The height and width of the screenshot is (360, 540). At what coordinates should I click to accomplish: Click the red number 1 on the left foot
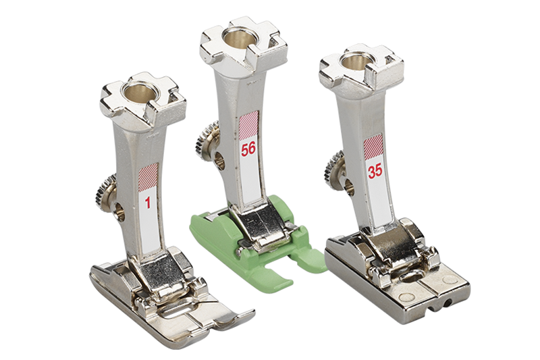click(148, 203)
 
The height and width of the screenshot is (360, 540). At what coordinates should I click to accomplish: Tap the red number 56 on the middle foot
click(248, 149)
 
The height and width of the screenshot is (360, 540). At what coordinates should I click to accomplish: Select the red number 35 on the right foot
click(375, 171)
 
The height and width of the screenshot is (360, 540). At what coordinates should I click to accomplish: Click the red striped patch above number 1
click(148, 177)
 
